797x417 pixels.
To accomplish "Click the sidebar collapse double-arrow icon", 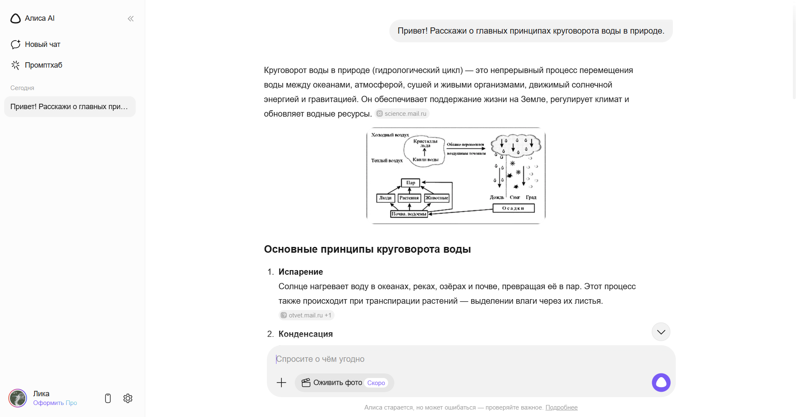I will click(131, 19).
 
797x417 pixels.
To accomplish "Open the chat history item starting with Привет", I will click(69, 107).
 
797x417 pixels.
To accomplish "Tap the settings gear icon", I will click(128, 398).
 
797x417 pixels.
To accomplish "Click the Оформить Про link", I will click(55, 403).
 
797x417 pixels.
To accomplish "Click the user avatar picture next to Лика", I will click(18, 398).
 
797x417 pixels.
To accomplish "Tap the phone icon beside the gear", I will click(108, 398).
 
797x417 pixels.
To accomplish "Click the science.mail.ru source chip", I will click(402, 114).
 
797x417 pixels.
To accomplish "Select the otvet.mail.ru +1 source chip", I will click(306, 315).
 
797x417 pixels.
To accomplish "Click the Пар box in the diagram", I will click(411, 183).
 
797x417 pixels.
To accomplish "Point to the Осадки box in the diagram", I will click(513, 208).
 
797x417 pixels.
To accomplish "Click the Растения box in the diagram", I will click(409, 198).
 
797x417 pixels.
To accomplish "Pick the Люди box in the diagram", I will click(385, 198).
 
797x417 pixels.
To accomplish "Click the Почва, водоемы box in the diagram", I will click(409, 214).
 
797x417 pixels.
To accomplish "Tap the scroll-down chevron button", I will click(661, 332).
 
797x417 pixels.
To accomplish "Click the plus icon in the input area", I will click(281, 383).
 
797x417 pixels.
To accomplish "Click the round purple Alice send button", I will click(661, 383).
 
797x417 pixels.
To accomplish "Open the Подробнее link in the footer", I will click(561, 407).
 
